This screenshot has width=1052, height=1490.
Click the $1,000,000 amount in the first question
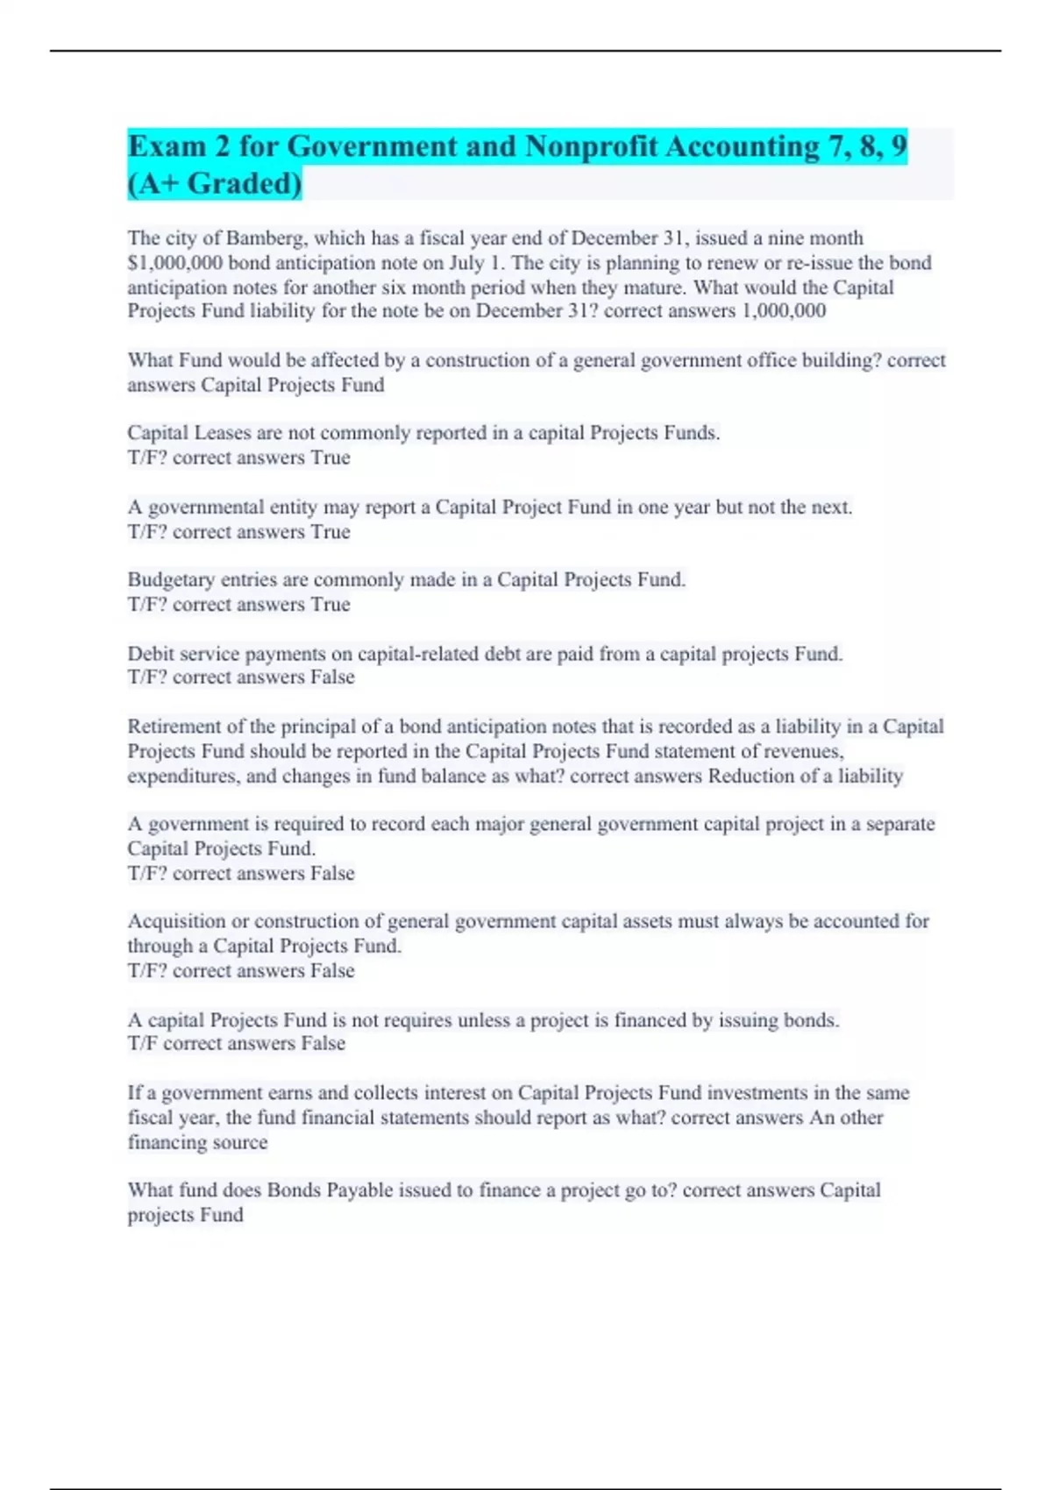click(x=174, y=263)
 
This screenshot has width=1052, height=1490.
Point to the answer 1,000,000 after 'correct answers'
click(x=783, y=311)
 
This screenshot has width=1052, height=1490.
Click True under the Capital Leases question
click(x=331, y=458)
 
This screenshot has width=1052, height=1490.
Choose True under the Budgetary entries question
click(x=331, y=605)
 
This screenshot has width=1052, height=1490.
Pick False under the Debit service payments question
click(x=332, y=678)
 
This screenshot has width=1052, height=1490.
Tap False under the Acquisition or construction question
click(x=332, y=971)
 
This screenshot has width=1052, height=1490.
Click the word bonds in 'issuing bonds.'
click(x=811, y=1020)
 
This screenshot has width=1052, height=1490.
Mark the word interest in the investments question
click(x=456, y=1093)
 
